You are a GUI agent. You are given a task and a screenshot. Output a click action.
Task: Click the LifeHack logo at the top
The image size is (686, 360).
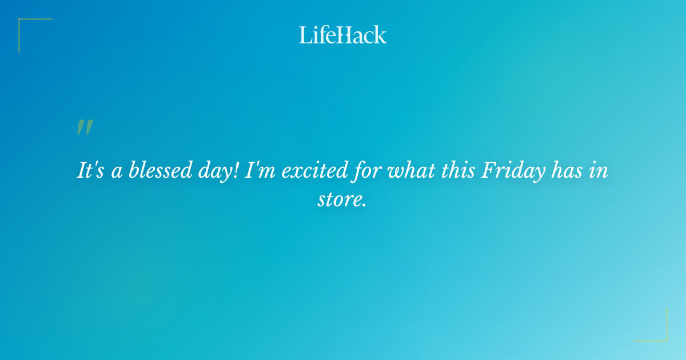[x=343, y=35]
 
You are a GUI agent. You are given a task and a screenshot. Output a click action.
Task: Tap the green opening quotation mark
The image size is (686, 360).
[x=85, y=127]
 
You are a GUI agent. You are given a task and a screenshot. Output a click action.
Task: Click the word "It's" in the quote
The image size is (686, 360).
[x=91, y=171]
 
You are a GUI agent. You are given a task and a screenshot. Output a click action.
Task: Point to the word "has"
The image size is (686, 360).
[x=567, y=171]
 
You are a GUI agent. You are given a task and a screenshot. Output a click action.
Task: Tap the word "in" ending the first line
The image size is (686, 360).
[x=599, y=171]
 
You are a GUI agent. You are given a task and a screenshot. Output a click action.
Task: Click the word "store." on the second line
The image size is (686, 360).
[x=342, y=200]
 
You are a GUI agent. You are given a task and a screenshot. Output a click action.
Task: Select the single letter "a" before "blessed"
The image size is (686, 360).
[x=117, y=173]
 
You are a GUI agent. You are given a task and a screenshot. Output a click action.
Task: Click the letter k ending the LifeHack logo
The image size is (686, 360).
[x=380, y=35]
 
